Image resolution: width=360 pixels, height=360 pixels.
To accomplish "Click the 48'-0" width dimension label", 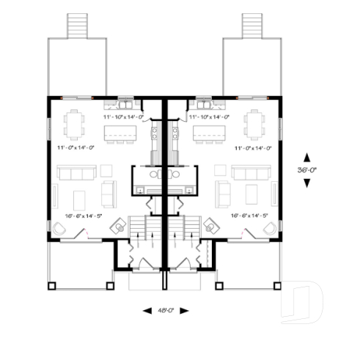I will (x=164, y=310).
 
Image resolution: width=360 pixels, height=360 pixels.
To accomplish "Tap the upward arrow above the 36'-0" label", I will (x=307, y=157).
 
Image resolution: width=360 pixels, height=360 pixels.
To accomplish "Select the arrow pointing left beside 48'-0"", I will (x=145, y=310).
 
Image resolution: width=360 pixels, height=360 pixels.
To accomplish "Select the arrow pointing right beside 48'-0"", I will (x=184, y=310).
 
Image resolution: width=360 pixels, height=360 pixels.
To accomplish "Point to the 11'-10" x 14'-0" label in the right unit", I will (x=209, y=117).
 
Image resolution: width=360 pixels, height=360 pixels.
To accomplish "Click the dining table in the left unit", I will (x=74, y=123).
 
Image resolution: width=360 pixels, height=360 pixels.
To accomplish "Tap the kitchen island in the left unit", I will (x=120, y=133).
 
